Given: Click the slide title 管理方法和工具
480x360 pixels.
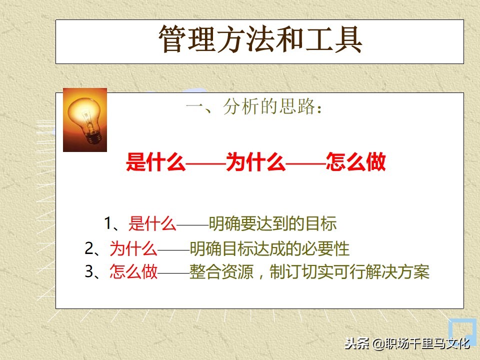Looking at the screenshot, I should coord(259,40).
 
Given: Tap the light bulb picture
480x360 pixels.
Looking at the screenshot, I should coord(85,119).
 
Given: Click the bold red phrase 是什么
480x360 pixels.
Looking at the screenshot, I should coord(155,163).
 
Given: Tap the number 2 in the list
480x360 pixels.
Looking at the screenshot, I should coord(89,247).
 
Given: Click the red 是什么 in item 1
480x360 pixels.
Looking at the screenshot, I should coord(152,223).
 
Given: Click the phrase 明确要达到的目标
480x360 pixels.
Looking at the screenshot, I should coord(272,223).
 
